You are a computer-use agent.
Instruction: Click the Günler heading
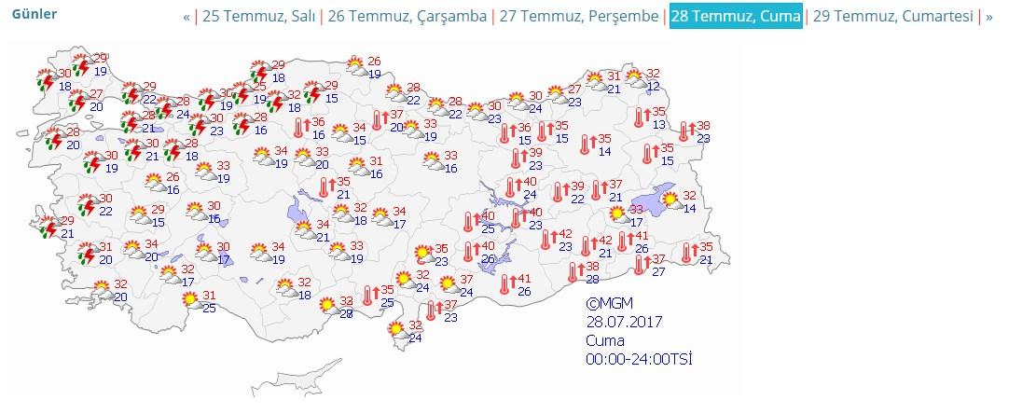tap(35, 14)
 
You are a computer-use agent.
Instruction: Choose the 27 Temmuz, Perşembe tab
tap(578, 17)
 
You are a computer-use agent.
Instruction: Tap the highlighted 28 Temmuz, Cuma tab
tap(736, 17)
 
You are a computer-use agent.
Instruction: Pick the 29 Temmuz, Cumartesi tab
tap(893, 17)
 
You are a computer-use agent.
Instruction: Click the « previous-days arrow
tap(186, 17)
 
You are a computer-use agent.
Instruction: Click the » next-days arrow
tap(989, 17)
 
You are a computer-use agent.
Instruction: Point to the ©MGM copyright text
tap(608, 304)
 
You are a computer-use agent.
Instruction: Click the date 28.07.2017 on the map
tap(624, 323)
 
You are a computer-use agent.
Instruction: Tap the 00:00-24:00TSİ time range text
tap(640, 359)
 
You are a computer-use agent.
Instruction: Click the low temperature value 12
tap(654, 87)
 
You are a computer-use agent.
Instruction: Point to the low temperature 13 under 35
tap(659, 125)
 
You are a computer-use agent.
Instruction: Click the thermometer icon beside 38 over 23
tap(684, 132)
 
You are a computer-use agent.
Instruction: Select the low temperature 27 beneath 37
tap(659, 271)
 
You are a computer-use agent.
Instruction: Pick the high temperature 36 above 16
tap(318, 123)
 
